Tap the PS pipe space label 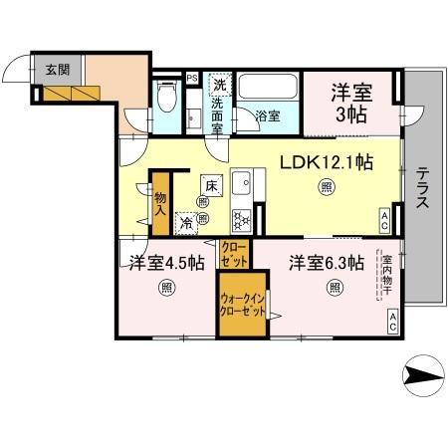click(x=191, y=77)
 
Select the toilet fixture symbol click(x=169, y=100)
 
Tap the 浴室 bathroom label click(x=266, y=116)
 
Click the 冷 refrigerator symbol click(x=186, y=224)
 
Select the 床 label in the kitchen click(x=210, y=185)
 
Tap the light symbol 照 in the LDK click(x=326, y=187)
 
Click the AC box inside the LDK click(x=385, y=220)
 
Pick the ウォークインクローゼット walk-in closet click(x=242, y=303)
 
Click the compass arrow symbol click(x=423, y=376)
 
